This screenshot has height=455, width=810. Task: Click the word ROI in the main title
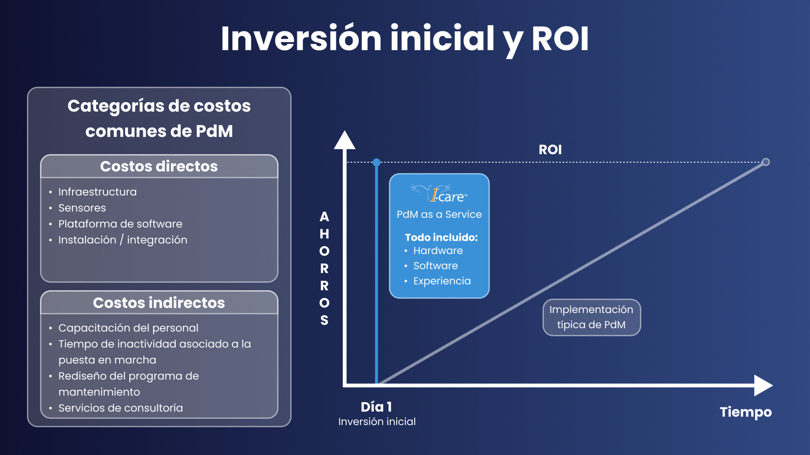559,39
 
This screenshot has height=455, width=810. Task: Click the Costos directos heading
159,167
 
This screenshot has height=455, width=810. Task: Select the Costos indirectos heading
159,303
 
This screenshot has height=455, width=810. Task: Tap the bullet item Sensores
82,208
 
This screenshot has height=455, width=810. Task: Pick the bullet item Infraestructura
97,192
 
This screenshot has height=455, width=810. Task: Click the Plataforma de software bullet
120,224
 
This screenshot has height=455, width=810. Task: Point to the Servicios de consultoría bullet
120,408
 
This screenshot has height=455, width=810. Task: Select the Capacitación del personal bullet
128,328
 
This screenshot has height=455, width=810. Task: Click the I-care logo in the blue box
440,193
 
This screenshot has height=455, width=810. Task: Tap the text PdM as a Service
439,215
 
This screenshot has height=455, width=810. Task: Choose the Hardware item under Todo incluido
438,251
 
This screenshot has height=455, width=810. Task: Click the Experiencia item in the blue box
442,281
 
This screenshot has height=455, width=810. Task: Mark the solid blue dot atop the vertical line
377,162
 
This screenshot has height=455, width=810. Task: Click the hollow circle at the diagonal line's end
766,162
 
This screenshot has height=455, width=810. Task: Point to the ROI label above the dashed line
550,150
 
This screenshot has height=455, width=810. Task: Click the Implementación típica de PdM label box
591,317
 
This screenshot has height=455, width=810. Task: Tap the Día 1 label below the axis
376,407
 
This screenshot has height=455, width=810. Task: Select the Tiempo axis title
745,412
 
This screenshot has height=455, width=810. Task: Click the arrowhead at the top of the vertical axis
345,141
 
